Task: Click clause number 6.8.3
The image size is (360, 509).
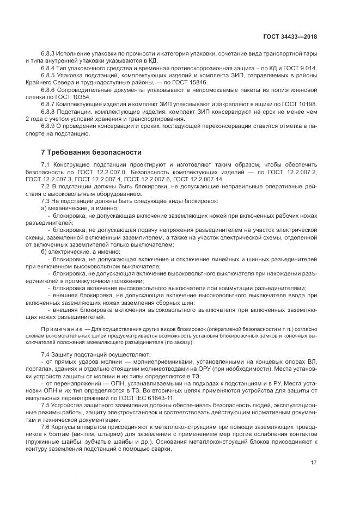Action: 49,54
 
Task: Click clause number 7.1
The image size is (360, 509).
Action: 46,164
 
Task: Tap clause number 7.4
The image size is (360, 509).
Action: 46,354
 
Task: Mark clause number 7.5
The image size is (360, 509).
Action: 46,407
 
